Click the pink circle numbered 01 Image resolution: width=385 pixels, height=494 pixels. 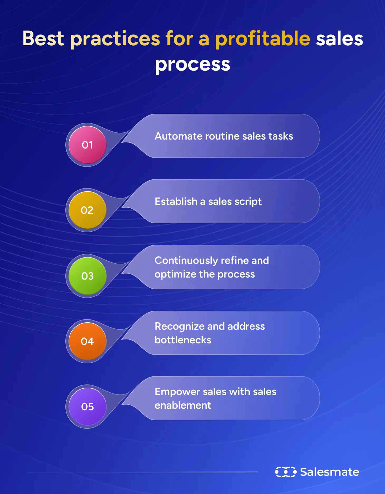pyautogui.click(x=87, y=145)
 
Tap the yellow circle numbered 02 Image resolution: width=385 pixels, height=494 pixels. pyautogui.click(x=87, y=210)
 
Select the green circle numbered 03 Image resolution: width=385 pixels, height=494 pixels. pyautogui.click(x=87, y=276)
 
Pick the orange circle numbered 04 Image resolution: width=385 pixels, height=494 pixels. pyautogui.click(x=87, y=341)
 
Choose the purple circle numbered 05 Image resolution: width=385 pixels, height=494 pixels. pyautogui.click(x=87, y=407)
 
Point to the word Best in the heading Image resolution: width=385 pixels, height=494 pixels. pyautogui.click(x=43, y=38)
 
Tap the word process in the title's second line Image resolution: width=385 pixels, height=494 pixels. pyautogui.click(x=192, y=65)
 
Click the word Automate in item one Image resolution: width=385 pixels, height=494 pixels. pyautogui.click(x=178, y=136)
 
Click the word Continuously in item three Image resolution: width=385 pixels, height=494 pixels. pyautogui.click(x=186, y=261)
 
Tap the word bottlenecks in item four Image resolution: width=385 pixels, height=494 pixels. pyautogui.click(x=183, y=340)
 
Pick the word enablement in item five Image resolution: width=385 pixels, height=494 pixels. pyautogui.click(x=183, y=405)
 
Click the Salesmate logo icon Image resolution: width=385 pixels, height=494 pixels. pyautogui.click(x=286, y=472)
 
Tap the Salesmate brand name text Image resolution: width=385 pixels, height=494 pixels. pyautogui.click(x=330, y=472)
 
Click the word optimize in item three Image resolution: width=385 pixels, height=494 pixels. pyautogui.click(x=175, y=274)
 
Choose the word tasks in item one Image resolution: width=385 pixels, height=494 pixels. pyautogui.click(x=281, y=136)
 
